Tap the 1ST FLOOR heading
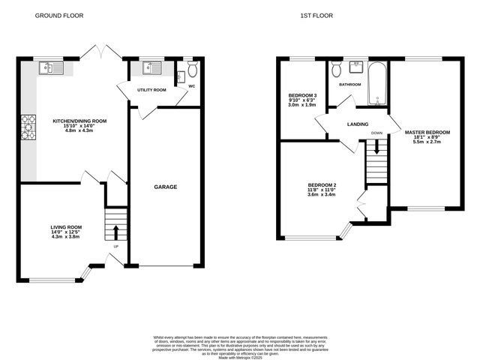(317, 15)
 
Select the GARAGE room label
(165, 187)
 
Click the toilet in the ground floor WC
(192, 70)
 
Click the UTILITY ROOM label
(151, 90)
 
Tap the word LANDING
(356, 124)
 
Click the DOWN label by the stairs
(376, 133)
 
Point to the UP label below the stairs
(115, 246)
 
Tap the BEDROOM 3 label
(303, 95)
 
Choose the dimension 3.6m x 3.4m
(321, 195)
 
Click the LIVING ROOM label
(66, 227)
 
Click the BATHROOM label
(349, 85)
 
